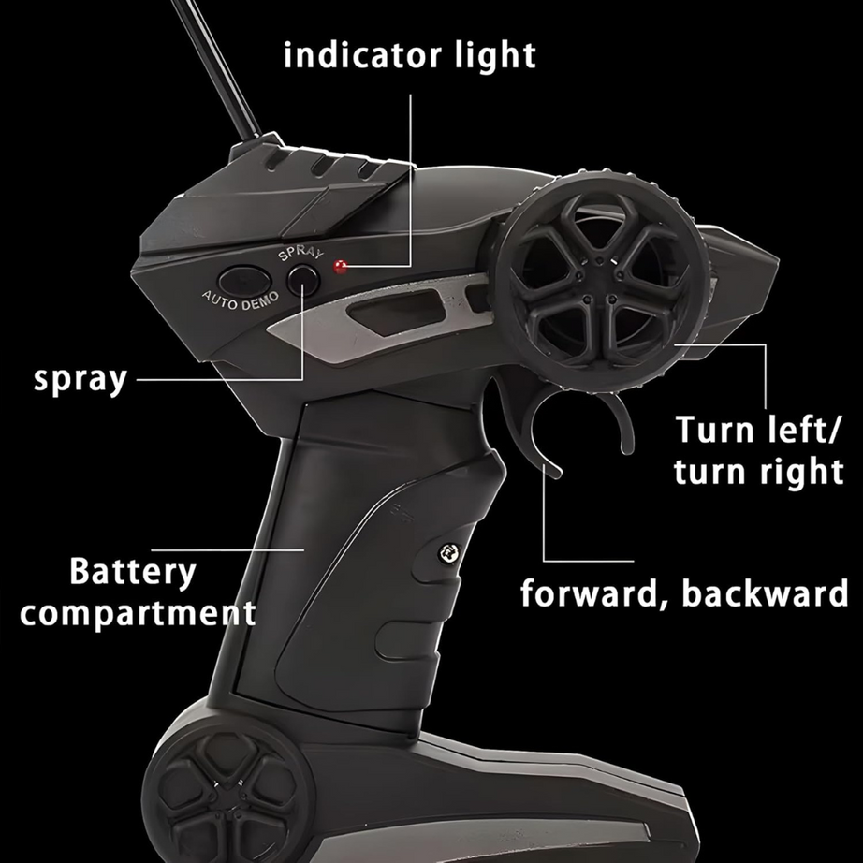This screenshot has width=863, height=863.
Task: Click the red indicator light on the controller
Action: click(x=341, y=268)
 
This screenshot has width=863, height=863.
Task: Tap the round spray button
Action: click(x=303, y=280)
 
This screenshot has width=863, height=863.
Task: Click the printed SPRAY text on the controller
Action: click(x=300, y=254)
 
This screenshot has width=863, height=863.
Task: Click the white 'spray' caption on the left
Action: click(x=80, y=380)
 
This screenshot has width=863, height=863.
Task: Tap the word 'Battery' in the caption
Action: click(x=133, y=573)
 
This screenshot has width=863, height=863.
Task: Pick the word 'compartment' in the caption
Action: click(x=139, y=613)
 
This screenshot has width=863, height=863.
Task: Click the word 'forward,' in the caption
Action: click(x=593, y=593)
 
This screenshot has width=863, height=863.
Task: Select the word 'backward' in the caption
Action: click(x=765, y=592)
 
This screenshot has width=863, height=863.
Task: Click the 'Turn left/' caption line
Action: click(x=757, y=430)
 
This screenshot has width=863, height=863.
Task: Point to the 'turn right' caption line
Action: click(x=758, y=473)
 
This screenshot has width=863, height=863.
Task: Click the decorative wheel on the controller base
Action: click(x=227, y=794)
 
